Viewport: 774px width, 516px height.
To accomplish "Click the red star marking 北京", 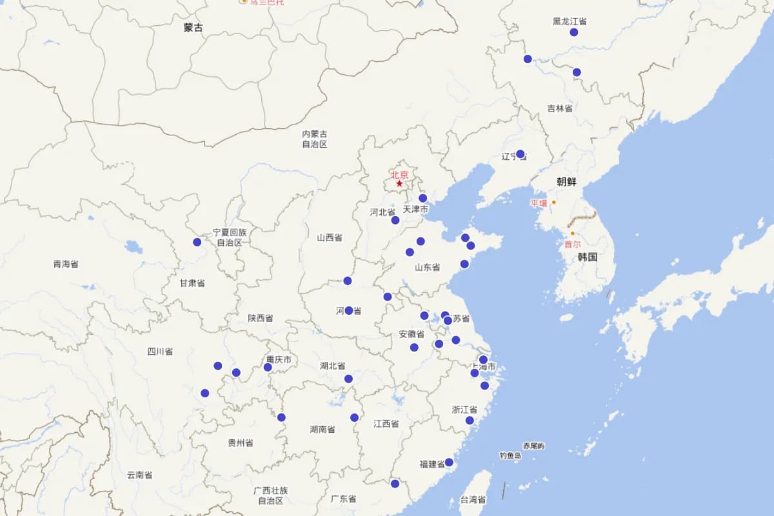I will click(x=399, y=184).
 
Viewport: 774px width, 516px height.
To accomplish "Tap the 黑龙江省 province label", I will click(x=570, y=21).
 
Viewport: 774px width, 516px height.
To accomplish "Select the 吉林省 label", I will click(x=560, y=108).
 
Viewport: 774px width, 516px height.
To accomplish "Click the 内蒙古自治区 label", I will click(x=315, y=139).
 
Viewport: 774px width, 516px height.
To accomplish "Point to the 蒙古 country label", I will click(x=193, y=28).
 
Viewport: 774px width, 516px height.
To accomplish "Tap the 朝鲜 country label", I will click(x=566, y=182).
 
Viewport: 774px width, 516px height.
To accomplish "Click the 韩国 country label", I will click(x=587, y=257).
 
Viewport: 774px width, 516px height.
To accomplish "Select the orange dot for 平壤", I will click(x=553, y=203).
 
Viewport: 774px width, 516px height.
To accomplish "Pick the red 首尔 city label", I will click(x=572, y=244).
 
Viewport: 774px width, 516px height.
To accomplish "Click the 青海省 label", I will click(x=66, y=264).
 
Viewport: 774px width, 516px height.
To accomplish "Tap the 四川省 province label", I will click(x=160, y=352).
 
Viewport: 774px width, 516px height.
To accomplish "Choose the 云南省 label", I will click(x=139, y=475).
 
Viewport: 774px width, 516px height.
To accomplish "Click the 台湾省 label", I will click(x=473, y=500).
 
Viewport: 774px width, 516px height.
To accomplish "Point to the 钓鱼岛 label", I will click(x=510, y=455).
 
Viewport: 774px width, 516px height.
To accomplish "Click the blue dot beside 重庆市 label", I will click(x=268, y=367).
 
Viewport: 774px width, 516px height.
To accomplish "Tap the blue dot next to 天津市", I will click(x=422, y=198).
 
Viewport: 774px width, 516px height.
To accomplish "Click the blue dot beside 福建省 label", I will click(x=449, y=462).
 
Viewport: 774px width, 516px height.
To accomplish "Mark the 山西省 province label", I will click(x=330, y=237).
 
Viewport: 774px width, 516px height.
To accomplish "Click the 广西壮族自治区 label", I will click(x=271, y=495).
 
